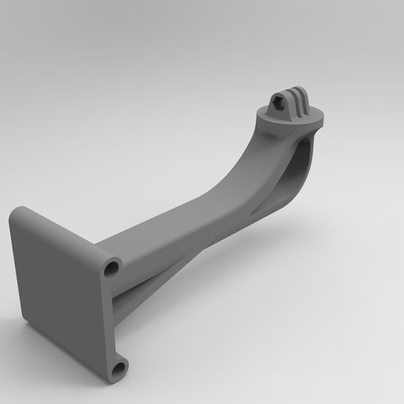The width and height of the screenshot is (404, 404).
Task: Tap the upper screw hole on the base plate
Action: [111, 269]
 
